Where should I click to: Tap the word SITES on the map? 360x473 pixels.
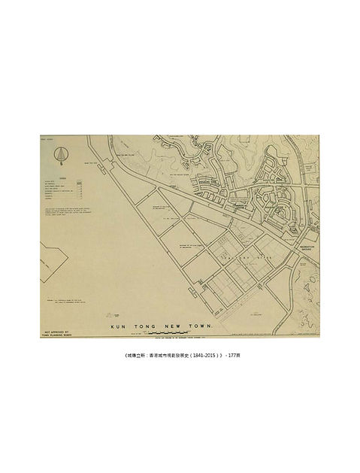(264, 259)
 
